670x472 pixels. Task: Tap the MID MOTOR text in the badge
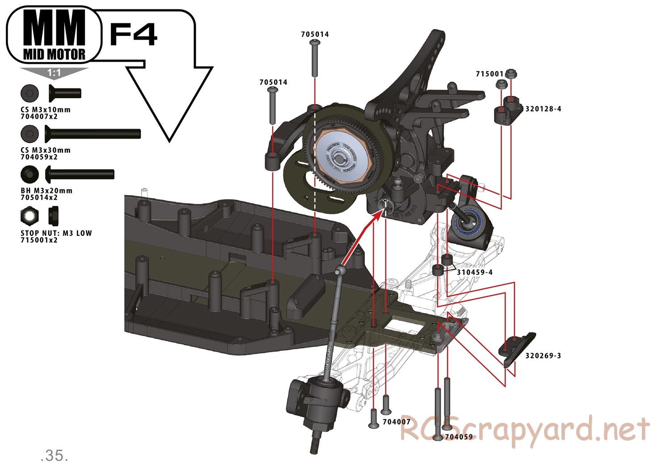click(54, 54)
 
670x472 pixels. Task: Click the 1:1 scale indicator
click(54, 72)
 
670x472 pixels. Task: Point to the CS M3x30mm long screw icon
click(92, 133)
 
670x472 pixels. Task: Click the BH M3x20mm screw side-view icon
click(80, 174)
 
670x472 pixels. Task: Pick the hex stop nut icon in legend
click(29, 216)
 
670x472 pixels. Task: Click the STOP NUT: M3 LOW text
click(56, 233)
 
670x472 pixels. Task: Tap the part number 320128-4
click(543, 109)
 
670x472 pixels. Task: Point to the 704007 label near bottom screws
click(396, 422)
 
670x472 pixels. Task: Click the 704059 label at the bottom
click(458, 437)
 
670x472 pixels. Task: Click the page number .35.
click(54, 455)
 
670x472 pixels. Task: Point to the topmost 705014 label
click(315, 34)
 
